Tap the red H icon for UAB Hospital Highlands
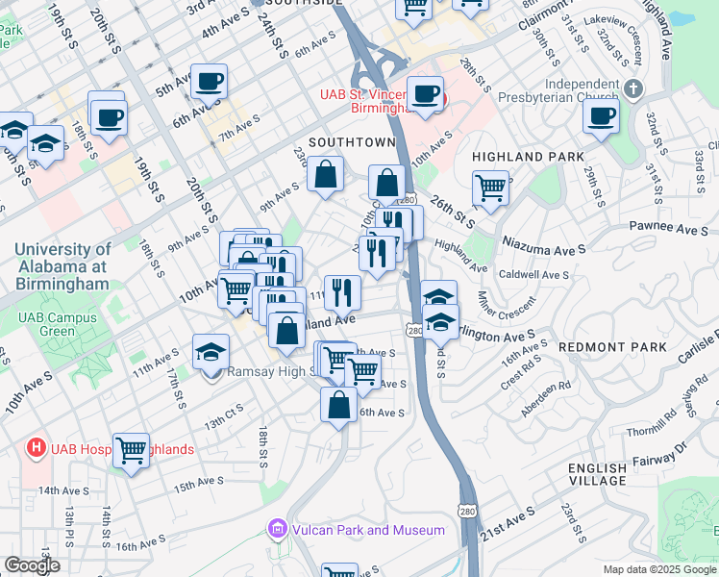tap(37, 448)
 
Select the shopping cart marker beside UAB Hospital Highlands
tap(131, 450)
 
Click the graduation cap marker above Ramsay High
tap(211, 352)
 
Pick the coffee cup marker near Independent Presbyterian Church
tap(601, 116)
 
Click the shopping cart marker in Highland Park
tap(490, 188)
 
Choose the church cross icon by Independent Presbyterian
tap(632, 89)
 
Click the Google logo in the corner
tap(32, 565)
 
